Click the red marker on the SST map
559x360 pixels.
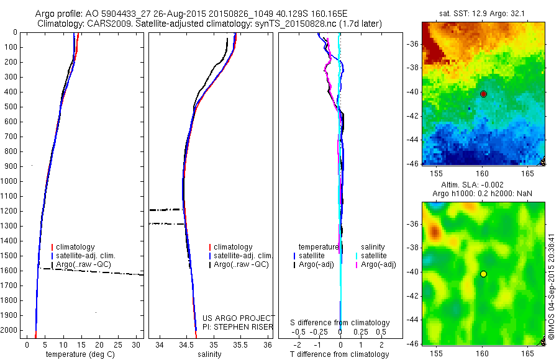point(483,94)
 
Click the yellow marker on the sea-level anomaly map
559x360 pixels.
point(483,274)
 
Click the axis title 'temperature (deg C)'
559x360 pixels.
point(79,354)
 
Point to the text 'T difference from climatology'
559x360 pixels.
point(339,354)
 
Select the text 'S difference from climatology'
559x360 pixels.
point(340,323)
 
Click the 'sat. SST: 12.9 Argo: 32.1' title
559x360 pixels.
point(483,12)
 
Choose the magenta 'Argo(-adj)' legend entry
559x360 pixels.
point(378,264)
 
